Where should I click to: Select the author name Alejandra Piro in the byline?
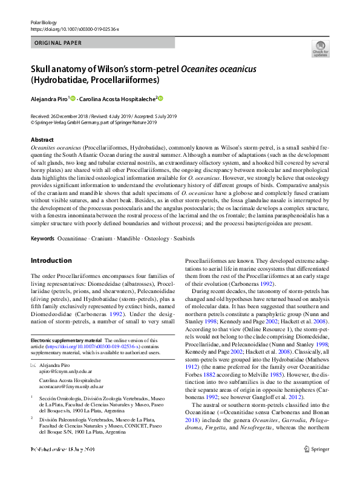click(50, 98)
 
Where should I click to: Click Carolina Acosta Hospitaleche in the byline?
click(118, 98)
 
